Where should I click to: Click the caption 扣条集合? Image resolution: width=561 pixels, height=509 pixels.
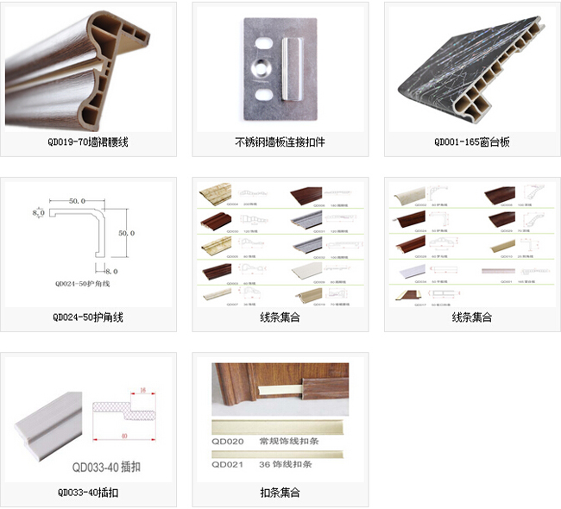click(x=280, y=493)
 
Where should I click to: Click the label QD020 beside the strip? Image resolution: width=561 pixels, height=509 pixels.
click(x=229, y=441)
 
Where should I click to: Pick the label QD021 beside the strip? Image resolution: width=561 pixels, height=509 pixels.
click(x=229, y=464)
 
